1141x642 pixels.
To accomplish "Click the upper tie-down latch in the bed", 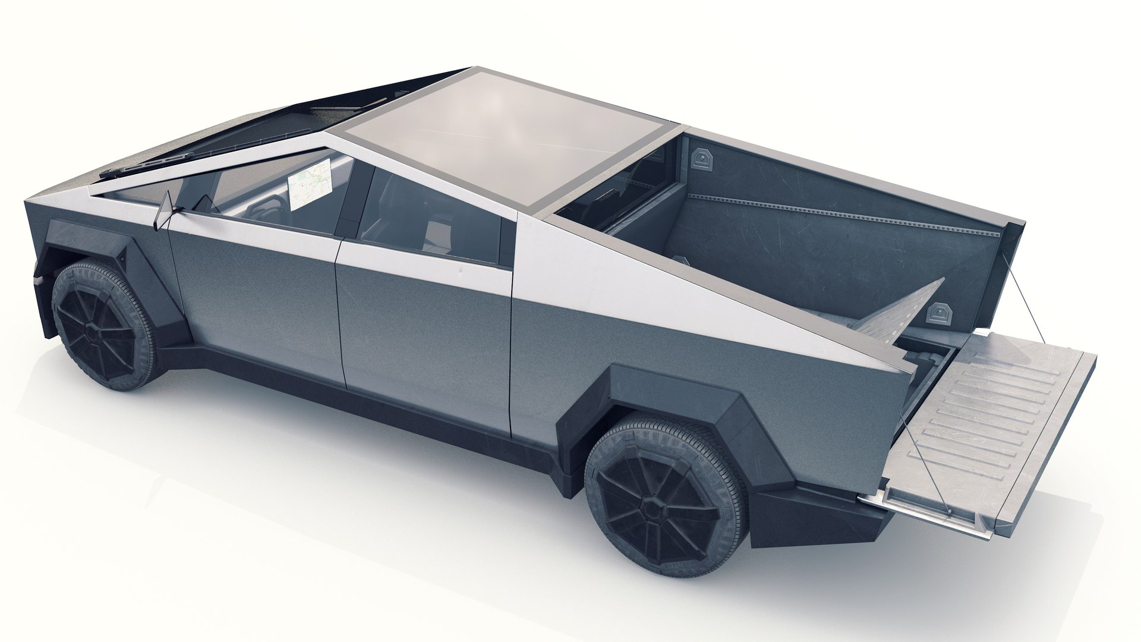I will pos(703,159).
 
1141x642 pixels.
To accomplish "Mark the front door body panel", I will pos(256,297).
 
